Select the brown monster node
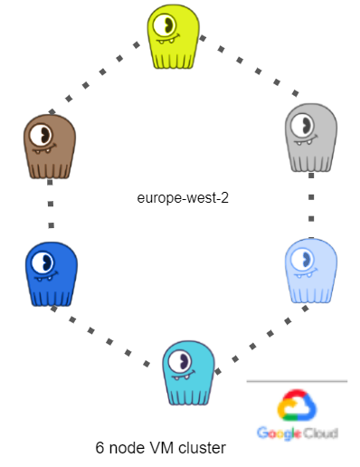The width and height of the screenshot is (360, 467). click(49, 148)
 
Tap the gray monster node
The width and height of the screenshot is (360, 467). click(310, 138)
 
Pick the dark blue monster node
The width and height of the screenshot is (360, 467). click(51, 273)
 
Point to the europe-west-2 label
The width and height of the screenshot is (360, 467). click(182, 197)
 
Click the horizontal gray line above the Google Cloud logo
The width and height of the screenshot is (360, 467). click(297, 381)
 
